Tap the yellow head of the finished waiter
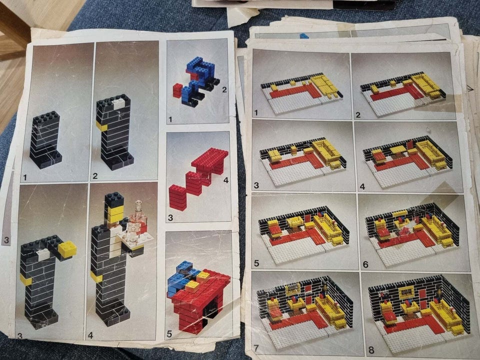[115, 213]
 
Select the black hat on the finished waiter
[114, 199]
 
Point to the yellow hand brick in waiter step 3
[67, 249]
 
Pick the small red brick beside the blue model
[177, 90]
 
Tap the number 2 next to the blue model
[224, 89]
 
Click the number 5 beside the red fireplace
[169, 334]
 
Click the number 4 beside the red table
[226, 180]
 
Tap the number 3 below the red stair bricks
[170, 217]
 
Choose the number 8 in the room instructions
[371, 350]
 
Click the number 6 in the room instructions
[365, 264]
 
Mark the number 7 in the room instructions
[256, 348]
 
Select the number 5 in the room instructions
[256, 263]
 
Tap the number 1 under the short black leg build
[25, 177]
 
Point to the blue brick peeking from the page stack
[304, 36]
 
